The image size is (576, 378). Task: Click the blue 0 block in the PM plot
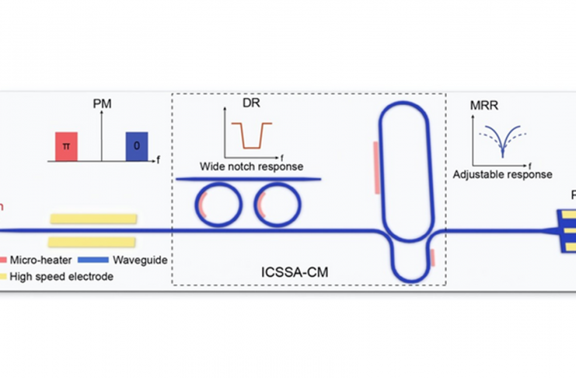tap(137, 146)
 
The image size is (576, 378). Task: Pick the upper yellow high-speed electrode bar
tap(93, 218)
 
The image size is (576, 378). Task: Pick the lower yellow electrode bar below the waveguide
tap(93, 242)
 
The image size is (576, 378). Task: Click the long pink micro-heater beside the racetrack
tap(376, 166)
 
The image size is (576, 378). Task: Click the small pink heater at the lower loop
tap(431, 257)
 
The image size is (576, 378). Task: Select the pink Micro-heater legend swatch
tap(5, 258)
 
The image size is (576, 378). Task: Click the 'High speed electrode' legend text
tap(62, 276)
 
